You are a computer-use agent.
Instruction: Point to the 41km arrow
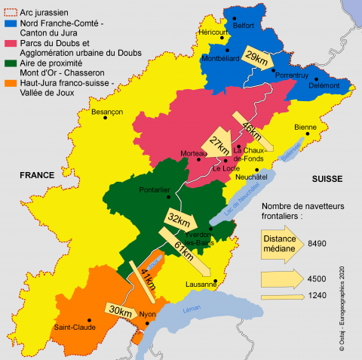tap(146, 279)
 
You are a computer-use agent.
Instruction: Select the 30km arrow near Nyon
tap(120, 309)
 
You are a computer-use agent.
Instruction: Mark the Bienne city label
tap(305, 127)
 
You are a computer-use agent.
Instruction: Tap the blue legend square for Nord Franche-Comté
tap(9, 23)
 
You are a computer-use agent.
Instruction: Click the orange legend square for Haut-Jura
tap(9, 83)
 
